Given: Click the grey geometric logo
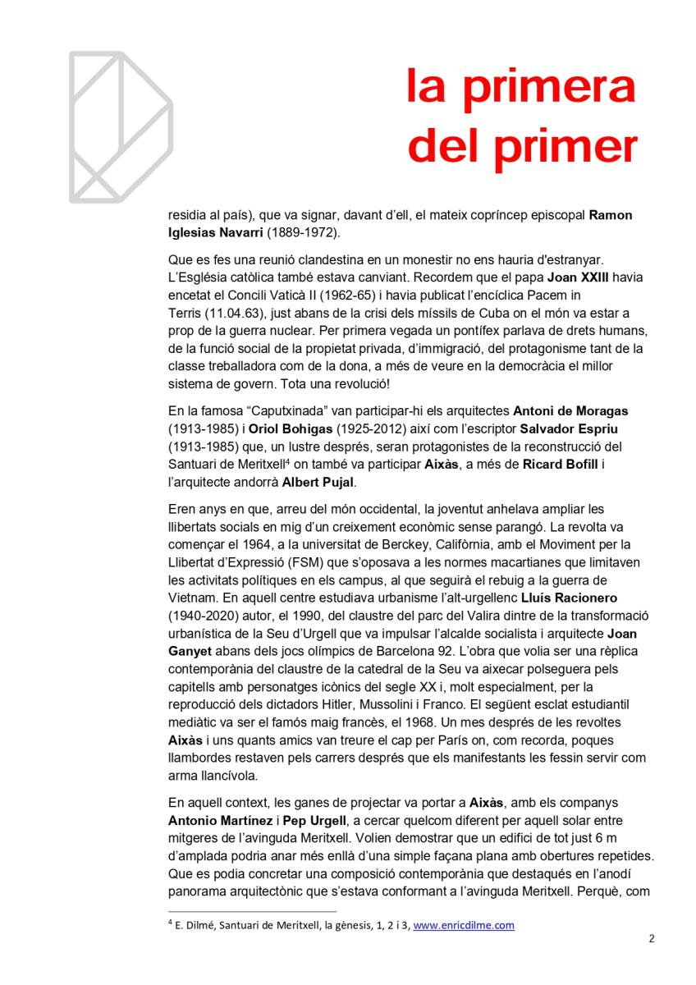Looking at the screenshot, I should [120, 127].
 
